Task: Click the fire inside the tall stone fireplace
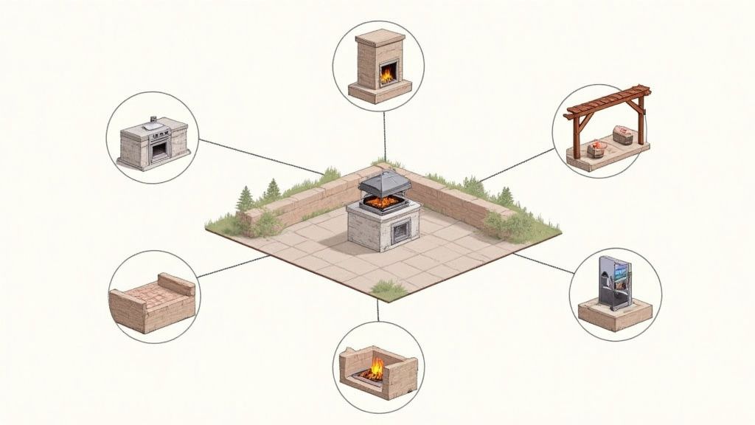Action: pos(386,73)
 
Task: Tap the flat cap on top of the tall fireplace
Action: pos(380,38)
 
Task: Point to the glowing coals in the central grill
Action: pos(383,201)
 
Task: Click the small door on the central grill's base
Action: pos(401,232)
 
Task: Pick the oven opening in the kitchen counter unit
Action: pos(159,150)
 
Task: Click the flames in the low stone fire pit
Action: pos(376,367)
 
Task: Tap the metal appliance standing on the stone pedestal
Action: pos(614,281)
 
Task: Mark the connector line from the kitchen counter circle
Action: pos(258,156)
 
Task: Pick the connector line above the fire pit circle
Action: pos(377,311)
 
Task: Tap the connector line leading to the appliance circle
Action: pos(544,264)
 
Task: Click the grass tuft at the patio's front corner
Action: pos(389,288)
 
